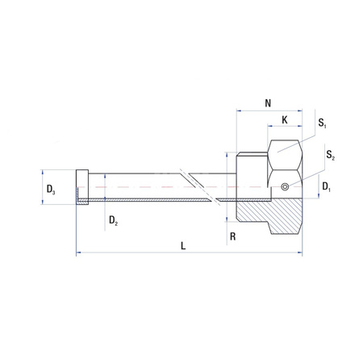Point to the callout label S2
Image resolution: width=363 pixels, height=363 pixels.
(x=331, y=153)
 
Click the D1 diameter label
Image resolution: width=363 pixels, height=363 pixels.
(x=326, y=187)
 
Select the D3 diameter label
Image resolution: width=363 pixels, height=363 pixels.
(x=50, y=189)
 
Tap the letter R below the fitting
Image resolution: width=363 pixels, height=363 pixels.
(x=232, y=237)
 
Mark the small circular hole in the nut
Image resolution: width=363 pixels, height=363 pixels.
(x=284, y=188)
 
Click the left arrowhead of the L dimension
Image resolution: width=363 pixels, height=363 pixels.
(x=78, y=254)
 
